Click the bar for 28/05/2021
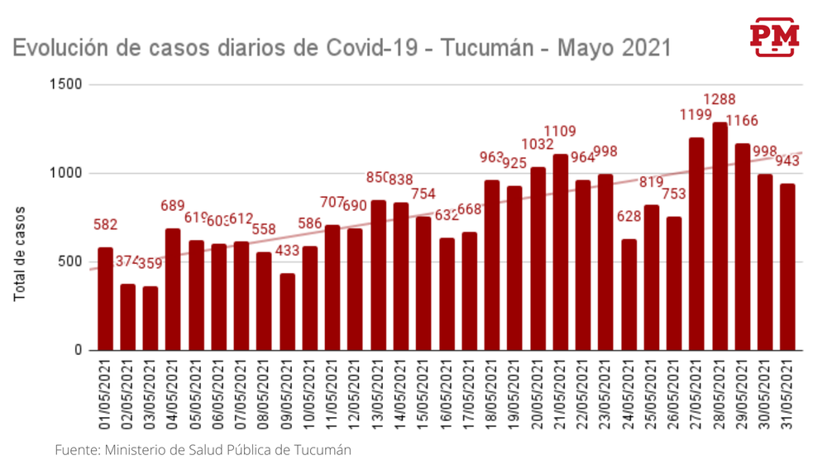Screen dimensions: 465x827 [719, 237]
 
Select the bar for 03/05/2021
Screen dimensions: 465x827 [151, 319]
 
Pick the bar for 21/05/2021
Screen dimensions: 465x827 [561, 252]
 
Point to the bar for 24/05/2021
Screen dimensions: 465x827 [629, 295]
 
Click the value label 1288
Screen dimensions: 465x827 [719, 100]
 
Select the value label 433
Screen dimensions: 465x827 [287, 251]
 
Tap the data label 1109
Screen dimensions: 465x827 [561, 132]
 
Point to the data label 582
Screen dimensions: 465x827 [105, 225]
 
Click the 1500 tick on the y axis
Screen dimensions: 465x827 [66, 84]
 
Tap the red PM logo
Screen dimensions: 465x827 [774, 36]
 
